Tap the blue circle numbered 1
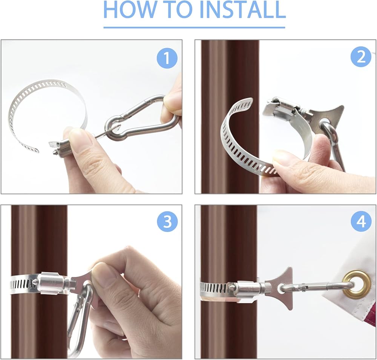pyautogui.click(x=167, y=58)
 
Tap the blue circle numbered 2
pyautogui.click(x=361, y=57)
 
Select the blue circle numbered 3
pyautogui.click(x=167, y=221)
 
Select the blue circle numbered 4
pyautogui.click(x=361, y=221)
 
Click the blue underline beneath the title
pyautogui.click(x=194, y=27)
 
